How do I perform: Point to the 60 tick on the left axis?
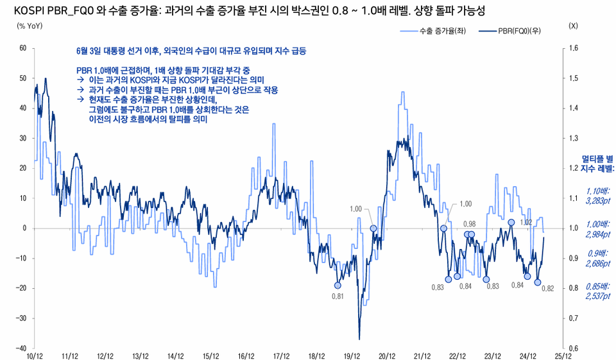[x=22, y=48]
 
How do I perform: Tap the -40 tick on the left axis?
[x=21, y=348]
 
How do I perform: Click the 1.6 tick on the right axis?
[x=573, y=48]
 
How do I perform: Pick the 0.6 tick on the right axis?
[x=573, y=348]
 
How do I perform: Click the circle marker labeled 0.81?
[x=338, y=286]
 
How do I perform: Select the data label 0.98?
[x=469, y=223]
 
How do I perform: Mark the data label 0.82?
[x=547, y=289]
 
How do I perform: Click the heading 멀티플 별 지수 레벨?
[x=597, y=163]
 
